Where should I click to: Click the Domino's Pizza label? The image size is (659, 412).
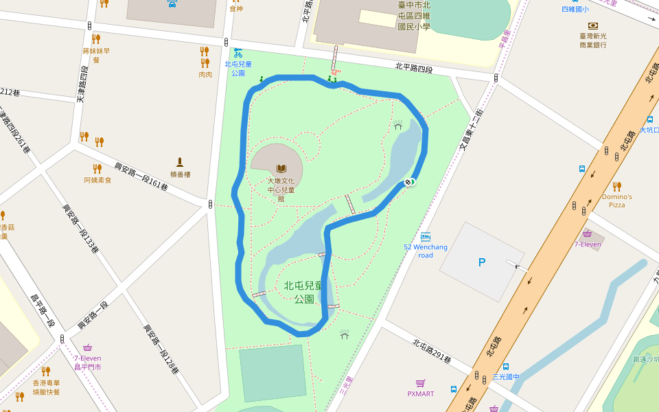616,201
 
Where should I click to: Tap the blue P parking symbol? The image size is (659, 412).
481,262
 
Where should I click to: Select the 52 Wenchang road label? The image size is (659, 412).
425,251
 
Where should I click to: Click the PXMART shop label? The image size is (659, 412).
421,393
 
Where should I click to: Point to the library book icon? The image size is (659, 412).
281,168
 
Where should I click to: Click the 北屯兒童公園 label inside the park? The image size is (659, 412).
303,292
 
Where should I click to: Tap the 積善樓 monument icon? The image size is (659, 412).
180,163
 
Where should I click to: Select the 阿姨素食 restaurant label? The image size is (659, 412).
97,180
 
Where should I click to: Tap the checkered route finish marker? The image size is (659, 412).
408,182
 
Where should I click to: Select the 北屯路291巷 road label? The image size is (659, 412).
432,350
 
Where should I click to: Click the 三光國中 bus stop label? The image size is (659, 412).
506,376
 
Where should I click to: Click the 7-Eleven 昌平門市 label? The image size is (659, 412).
87,362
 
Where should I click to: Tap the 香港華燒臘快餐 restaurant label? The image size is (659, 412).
46,387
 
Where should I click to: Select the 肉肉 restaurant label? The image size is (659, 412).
205,74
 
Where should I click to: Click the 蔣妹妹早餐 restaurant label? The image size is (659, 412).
96,55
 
